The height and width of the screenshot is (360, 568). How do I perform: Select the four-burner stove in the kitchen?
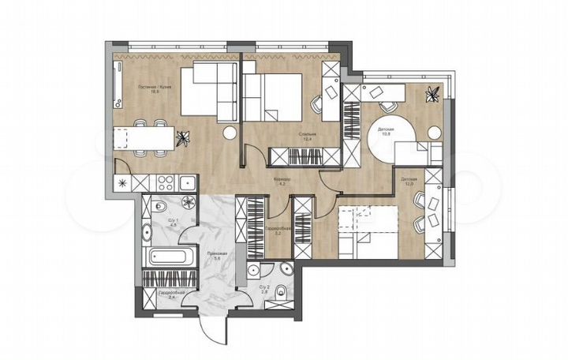point(164,183)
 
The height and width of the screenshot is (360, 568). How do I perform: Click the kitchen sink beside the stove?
point(184,183)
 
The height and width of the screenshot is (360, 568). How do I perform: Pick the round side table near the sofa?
point(230,133)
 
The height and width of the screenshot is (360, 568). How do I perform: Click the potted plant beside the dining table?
point(183,138)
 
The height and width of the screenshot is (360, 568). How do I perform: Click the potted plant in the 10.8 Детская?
point(432,96)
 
